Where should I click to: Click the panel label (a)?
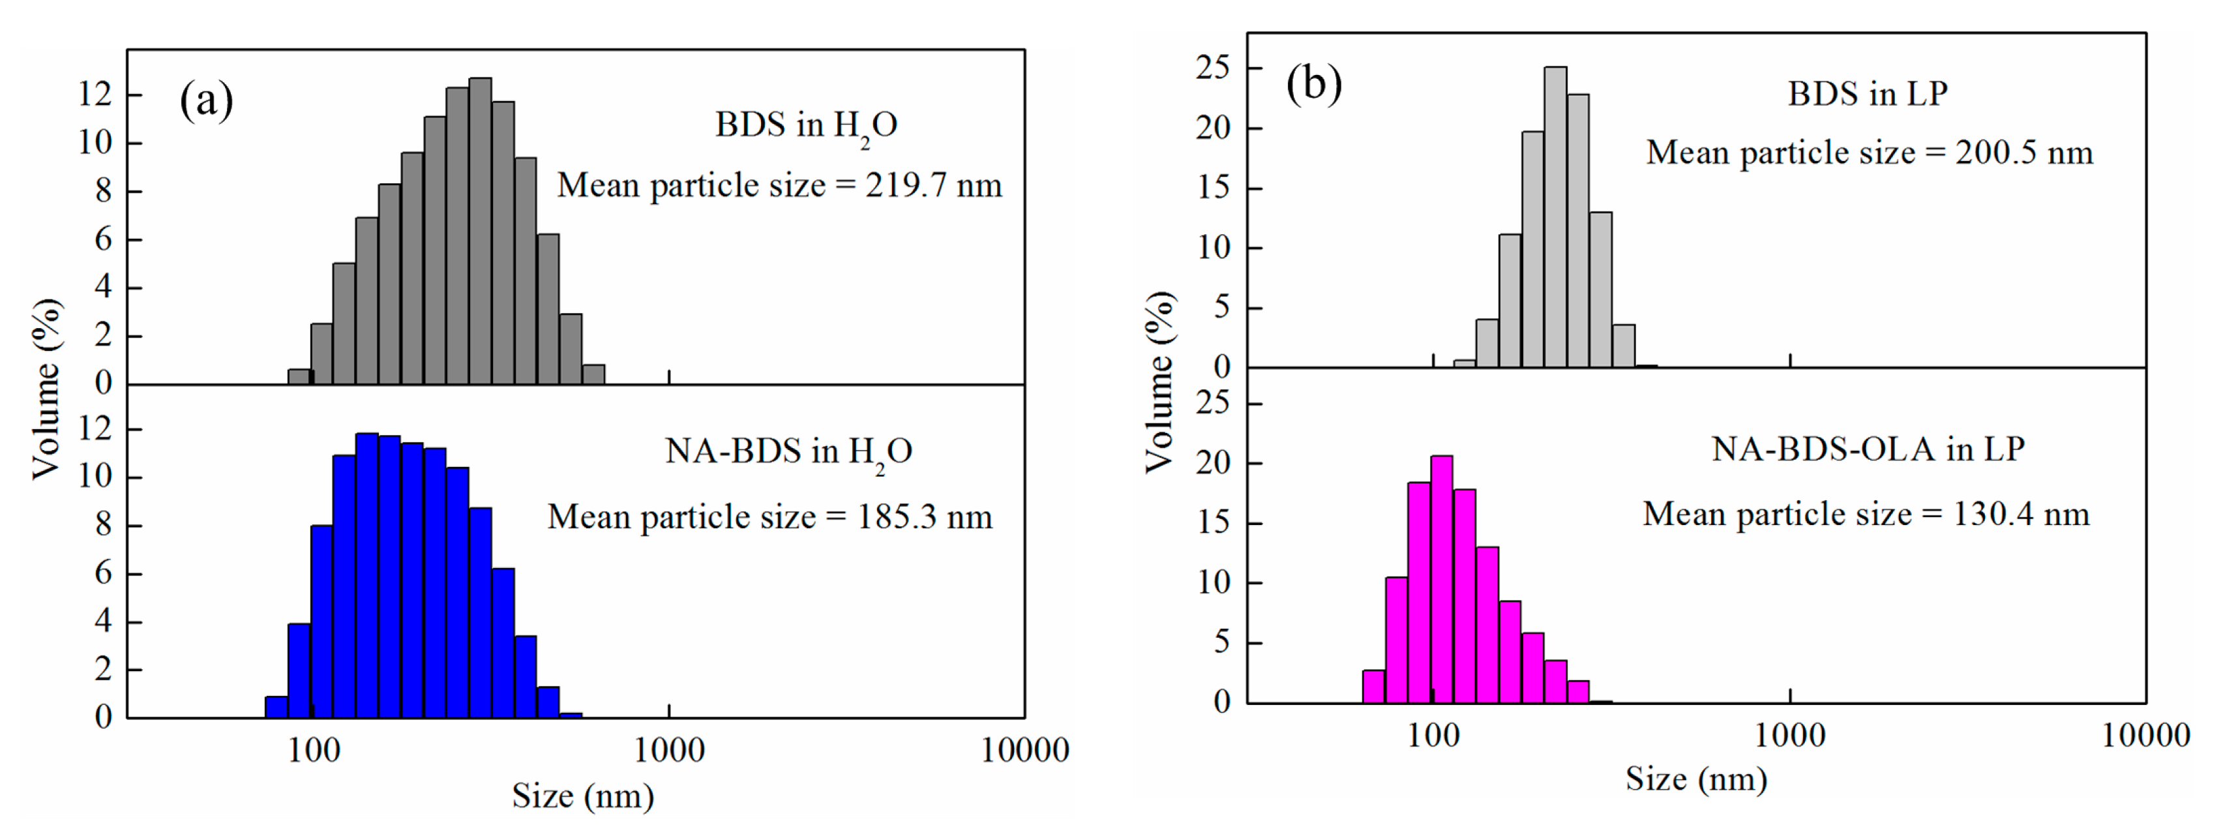[206, 102]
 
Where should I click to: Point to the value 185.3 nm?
[924, 517]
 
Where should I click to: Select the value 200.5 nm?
[2023, 153]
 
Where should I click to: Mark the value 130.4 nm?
[2020, 515]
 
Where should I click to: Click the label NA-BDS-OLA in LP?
[1867, 449]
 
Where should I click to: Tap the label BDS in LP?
[1867, 94]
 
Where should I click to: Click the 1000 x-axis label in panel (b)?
[1789, 736]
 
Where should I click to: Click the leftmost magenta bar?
[1373, 687]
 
